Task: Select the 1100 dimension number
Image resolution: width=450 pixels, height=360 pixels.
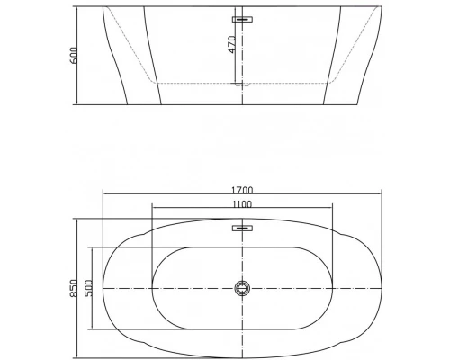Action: point(242,205)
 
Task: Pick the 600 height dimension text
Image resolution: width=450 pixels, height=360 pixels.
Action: point(76,55)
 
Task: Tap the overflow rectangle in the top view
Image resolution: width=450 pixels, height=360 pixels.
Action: point(241,229)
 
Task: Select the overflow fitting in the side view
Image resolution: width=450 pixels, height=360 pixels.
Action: point(243,18)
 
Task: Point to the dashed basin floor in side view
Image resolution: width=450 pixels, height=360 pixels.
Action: point(198,84)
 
